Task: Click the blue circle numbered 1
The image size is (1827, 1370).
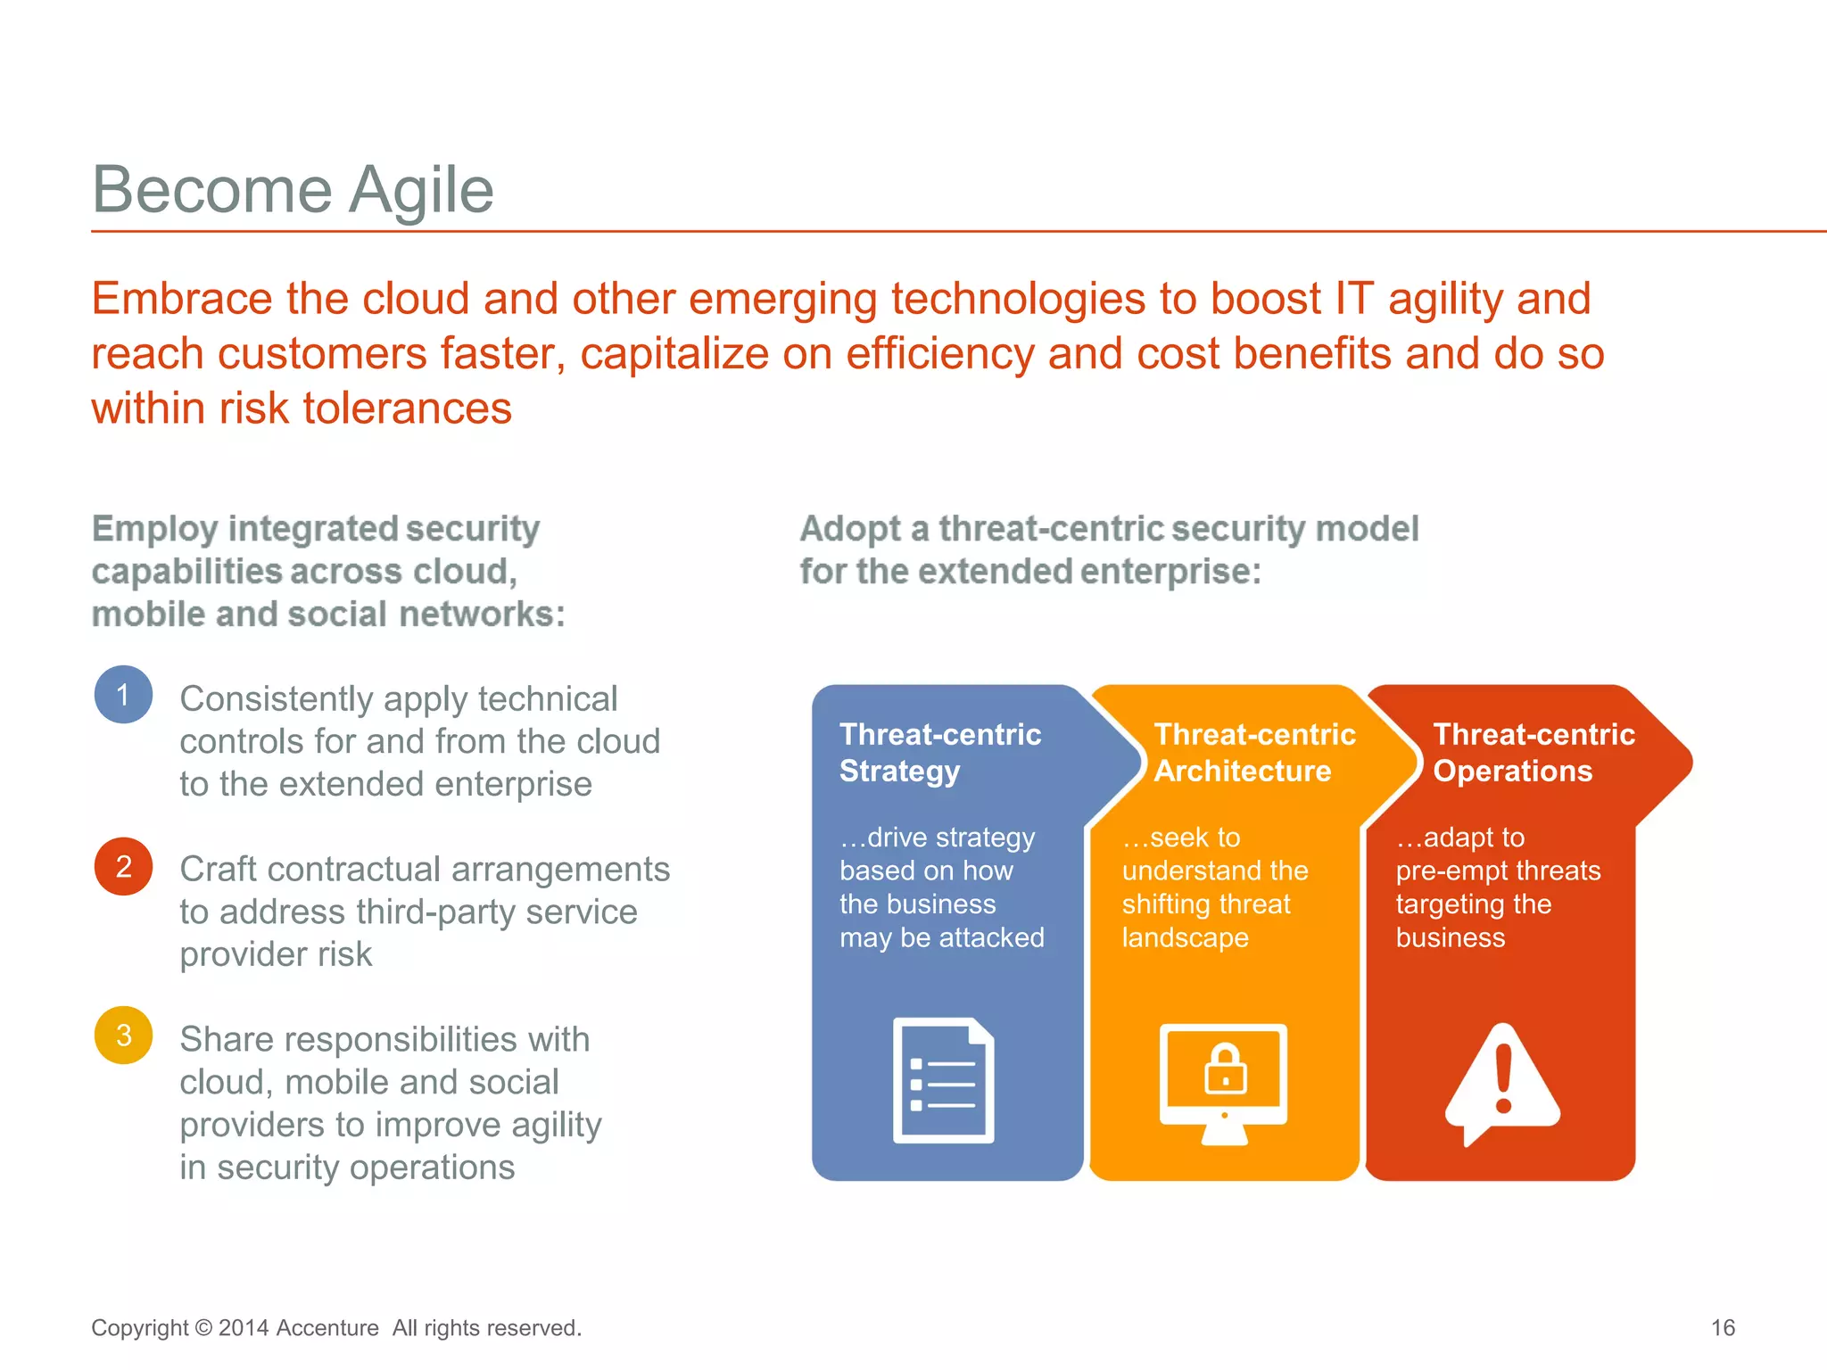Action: click(123, 695)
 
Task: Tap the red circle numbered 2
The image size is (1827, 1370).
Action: click(123, 866)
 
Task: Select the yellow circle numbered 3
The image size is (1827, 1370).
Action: click(123, 1036)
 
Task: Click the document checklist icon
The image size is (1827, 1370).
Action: click(943, 1081)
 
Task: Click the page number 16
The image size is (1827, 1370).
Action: click(1723, 1327)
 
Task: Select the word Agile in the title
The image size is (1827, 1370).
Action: click(421, 190)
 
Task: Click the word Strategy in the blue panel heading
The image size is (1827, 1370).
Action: click(899, 771)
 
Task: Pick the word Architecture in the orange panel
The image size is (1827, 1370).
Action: click(1242, 771)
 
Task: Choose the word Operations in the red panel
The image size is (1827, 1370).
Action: click(1512, 771)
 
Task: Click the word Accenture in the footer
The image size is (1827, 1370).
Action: click(327, 1328)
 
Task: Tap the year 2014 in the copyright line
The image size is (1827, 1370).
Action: click(244, 1328)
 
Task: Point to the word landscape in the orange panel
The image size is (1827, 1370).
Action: click(1185, 937)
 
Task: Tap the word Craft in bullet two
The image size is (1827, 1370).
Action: click(220, 869)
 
